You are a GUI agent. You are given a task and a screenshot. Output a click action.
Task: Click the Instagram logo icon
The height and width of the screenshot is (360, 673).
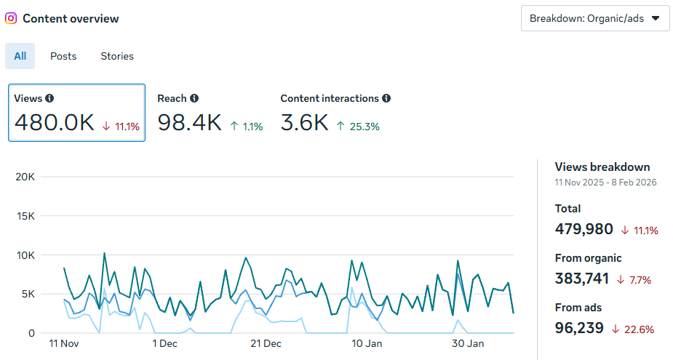(11, 18)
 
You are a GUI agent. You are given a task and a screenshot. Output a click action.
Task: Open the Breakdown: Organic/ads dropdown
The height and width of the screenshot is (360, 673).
(595, 18)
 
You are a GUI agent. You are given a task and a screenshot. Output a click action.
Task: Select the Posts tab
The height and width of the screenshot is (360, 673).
(63, 56)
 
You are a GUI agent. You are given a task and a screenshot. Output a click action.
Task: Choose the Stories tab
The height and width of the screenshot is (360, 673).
(117, 56)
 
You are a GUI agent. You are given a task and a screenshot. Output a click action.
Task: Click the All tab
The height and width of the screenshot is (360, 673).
(20, 56)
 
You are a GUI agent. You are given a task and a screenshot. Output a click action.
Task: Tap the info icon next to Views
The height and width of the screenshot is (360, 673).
(49, 98)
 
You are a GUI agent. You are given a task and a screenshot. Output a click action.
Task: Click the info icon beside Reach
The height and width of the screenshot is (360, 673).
(194, 98)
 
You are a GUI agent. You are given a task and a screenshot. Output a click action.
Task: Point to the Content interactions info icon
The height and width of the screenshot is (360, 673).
(386, 98)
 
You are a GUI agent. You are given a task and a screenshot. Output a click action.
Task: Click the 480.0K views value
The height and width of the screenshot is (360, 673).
(55, 123)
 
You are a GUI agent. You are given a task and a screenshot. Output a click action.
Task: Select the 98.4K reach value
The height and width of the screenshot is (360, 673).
(189, 123)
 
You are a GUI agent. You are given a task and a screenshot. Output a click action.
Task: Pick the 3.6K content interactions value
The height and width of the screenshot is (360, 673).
(304, 123)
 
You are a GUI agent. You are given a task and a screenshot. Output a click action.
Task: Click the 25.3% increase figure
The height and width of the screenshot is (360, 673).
(364, 127)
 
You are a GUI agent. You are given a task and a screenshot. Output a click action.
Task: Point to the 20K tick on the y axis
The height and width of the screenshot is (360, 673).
(25, 177)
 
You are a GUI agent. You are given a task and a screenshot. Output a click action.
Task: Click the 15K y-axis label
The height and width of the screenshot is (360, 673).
(25, 216)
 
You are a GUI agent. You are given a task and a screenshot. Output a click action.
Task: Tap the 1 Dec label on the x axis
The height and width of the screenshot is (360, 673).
(164, 343)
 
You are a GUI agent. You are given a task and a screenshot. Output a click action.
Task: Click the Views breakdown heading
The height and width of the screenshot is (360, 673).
(602, 167)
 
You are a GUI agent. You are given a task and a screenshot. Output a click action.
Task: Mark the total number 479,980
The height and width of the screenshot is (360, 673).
(584, 229)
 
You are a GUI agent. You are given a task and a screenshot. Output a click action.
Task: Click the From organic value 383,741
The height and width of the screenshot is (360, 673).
(583, 279)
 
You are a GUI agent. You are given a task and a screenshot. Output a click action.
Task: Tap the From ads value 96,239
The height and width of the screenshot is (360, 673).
(579, 328)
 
